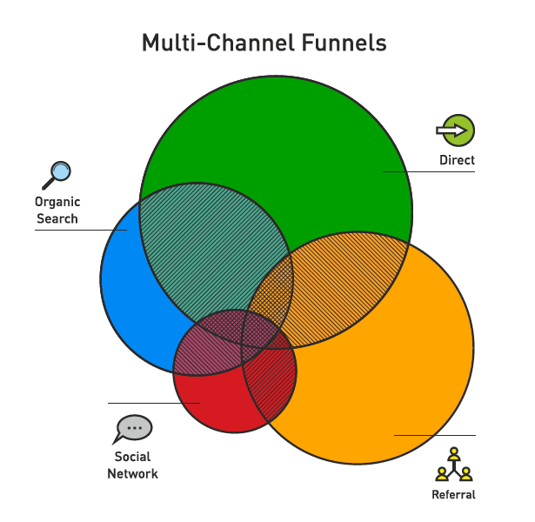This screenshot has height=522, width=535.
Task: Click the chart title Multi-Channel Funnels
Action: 264,43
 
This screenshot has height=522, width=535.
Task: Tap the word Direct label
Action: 457,159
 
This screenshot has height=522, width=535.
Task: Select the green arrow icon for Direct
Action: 456,130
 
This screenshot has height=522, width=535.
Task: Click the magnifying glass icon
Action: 57,175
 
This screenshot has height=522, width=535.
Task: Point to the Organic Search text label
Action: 57,211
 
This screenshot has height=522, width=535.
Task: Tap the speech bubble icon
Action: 133,429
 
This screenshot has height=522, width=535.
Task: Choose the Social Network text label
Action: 132,465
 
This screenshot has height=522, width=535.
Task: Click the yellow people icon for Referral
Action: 453,465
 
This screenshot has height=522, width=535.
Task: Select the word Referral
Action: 453,495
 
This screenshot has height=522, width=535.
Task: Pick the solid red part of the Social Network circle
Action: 209,400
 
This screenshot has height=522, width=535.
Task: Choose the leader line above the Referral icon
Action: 435,435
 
